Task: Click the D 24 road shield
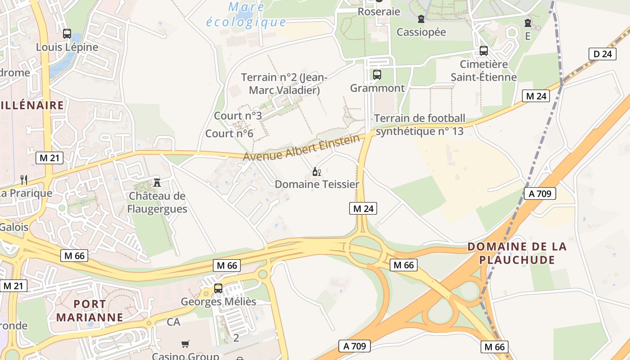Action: [x=603, y=54]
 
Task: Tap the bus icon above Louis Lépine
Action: [x=67, y=33]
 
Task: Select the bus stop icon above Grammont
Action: [x=377, y=75]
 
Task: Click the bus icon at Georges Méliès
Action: [x=218, y=288]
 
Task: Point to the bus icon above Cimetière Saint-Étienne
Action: [x=484, y=51]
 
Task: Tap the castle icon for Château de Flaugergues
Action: [x=157, y=182]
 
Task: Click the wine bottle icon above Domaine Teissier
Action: [x=317, y=171]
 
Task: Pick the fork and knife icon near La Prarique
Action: [x=24, y=180]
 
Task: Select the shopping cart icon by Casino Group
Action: [x=185, y=344]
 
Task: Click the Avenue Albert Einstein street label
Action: [x=301, y=148]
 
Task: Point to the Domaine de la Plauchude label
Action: [x=517, y=253]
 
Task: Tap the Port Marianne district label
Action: [x=90, y=310]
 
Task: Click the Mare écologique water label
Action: [x=246, y=14]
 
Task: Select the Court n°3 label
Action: [x=238, y=116]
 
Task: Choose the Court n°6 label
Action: [x=229, y=134]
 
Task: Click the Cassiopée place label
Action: [x=421, y=32]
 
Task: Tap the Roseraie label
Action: [x=379, y=12]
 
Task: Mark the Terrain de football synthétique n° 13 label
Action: [x=419, y=125]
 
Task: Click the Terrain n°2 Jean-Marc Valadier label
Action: [x=284, y=84]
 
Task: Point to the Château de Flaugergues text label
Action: [x=157, y=202]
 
